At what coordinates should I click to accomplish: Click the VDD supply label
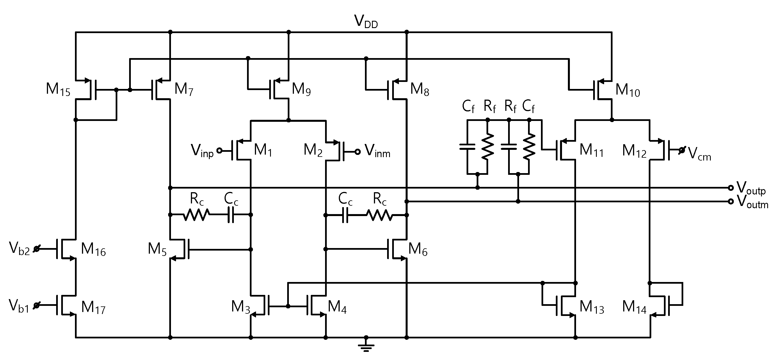coord(365,22)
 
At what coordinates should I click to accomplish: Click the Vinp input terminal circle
coord(220,150)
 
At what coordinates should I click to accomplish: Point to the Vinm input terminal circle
coord(357,152)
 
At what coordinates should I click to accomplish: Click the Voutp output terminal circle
coord(731,188)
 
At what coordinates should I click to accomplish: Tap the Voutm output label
coord(752,202)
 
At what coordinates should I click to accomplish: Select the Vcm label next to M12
coord(700,154)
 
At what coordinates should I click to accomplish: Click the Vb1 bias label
coord(19,306)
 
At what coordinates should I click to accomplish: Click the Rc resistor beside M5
coord(196,215)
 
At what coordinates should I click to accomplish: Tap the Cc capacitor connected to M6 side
coord(345,215)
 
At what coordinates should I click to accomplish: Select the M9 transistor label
coord(301,90)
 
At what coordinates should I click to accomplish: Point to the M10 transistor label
coord(627,90)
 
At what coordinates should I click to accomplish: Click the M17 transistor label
coord(93,308)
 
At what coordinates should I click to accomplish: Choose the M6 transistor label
coord(418,249)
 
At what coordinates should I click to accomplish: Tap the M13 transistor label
coord(591,308)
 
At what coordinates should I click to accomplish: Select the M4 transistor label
coord(337,307)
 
